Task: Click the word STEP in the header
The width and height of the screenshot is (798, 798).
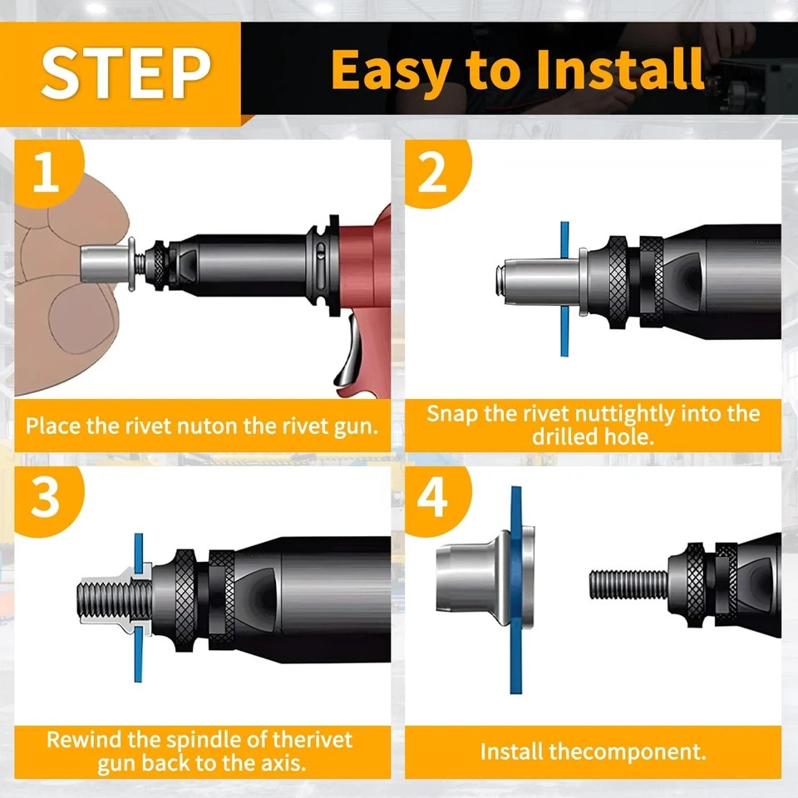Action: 126,73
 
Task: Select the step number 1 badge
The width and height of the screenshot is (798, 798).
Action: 47,173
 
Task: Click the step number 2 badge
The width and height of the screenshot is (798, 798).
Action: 434,173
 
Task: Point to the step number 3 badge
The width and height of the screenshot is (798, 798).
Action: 47,499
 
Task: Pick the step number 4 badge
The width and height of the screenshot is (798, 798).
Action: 434,499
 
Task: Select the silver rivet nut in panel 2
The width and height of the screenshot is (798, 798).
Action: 539,280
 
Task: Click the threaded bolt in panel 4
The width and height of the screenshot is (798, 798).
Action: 628,584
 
